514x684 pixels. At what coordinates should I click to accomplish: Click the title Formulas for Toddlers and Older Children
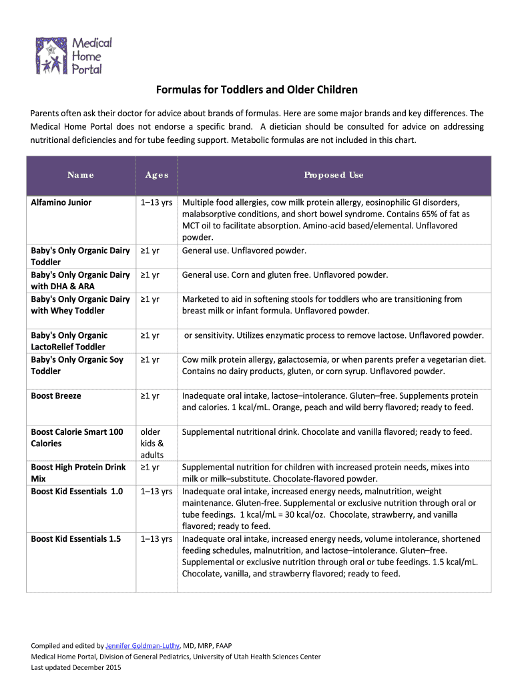[x=257, y=90]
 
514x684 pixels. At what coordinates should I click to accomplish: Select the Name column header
[x=81, y=175]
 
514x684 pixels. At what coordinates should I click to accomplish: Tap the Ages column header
[x=158, y=175]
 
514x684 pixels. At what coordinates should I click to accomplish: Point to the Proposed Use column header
[x=334, y=175]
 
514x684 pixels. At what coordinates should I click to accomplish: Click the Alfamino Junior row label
[x=61, y=202]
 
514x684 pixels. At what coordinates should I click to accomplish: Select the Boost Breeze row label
[x=56, y=396]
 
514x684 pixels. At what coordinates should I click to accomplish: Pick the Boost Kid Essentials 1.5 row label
[x=76, y=538]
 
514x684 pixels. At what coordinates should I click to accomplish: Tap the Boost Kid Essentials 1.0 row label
[x=77, y=492]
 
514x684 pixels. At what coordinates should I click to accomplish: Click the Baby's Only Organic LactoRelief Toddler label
[x=69, y=341]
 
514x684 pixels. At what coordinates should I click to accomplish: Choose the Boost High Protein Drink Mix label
[x=78, y=473]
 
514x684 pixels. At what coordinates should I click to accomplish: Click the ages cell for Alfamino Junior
[x=157, y=202]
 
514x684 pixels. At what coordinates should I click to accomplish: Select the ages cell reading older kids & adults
[x=152, y=444]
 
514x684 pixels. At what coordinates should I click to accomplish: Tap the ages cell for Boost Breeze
[x=150, y=396]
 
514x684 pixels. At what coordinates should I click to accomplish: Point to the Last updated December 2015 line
[x=71, y=668]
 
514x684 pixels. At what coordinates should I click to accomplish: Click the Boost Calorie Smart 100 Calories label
[x=77, y=438]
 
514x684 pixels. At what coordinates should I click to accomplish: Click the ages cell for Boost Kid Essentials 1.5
[x=157, y=538]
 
